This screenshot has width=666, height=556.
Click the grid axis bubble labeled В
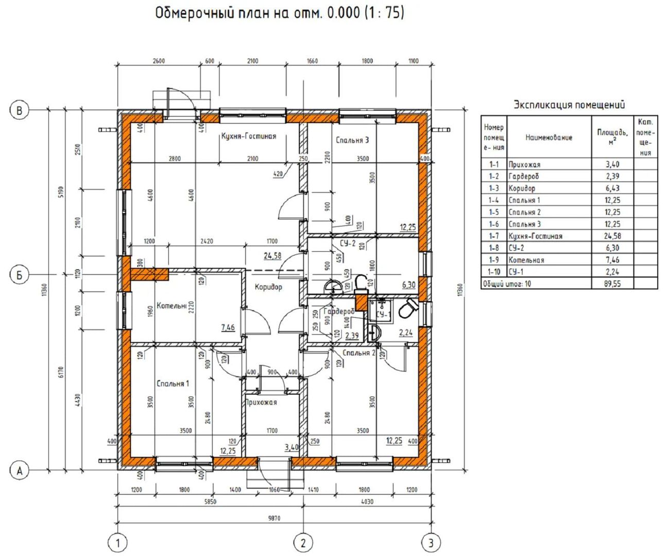click(x=20, y=110)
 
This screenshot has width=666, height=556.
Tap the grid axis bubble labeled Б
click(x=20, y=275)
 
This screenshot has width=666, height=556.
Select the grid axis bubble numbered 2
click(x=303, y=543)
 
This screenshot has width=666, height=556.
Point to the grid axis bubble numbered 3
click(x=431, y=543)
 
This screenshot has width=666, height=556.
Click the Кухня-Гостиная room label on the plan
click(x=249, y=136)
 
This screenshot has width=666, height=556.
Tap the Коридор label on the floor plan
click(x=268, y=287)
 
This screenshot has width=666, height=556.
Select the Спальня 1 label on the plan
click(x=173, y=384)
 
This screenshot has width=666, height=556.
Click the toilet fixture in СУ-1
click(x=408, y=308)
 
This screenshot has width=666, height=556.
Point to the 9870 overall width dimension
click(x=274, y=518)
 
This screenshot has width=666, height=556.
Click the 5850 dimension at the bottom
click(x=210, y=501)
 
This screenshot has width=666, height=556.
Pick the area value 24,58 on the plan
click(x=272, y=256)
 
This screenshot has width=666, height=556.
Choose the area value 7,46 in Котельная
click(x=228, y=327)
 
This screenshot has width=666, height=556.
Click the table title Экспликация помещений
click(x=569, y=105)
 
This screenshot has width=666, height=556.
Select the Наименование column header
click(x=549, y=137)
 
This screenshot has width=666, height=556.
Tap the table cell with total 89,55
click(x=612, y=284)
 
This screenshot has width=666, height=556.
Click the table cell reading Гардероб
click(x=523, y=176)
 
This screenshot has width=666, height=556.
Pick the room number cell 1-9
click(x=494, y=260)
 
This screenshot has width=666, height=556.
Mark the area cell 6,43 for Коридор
click(x=612, y=188)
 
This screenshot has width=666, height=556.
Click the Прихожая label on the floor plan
click(x=262, y=403)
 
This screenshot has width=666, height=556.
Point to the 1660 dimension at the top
click(x=312, y=61)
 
